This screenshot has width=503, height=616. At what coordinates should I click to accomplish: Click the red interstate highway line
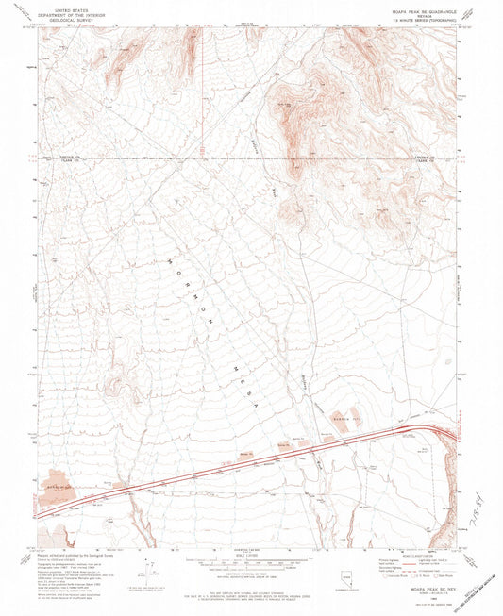(283, 449)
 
